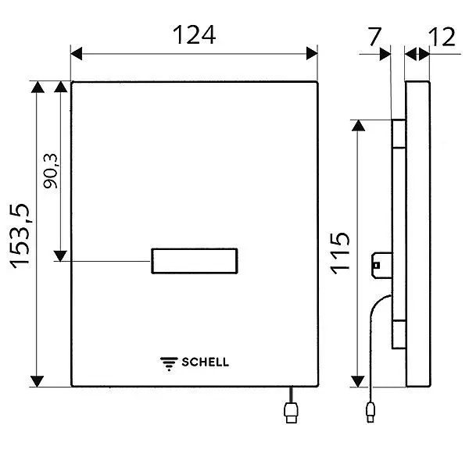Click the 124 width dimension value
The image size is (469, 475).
[194, 35]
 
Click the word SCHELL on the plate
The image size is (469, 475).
[206, 362]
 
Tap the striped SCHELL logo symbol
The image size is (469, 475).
[170, 362]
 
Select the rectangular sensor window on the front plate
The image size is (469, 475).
[195, 260]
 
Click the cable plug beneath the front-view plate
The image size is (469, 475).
[291, 412]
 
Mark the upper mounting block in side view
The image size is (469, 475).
[397, 134]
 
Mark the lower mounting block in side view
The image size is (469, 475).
[397, 335]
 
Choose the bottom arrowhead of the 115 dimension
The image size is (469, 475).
[357, 380]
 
